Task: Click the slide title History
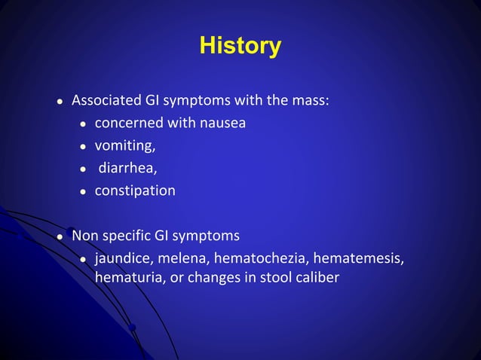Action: [240, 47]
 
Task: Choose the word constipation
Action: [135, 191]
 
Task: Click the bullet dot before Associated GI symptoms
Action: [60, 102]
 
